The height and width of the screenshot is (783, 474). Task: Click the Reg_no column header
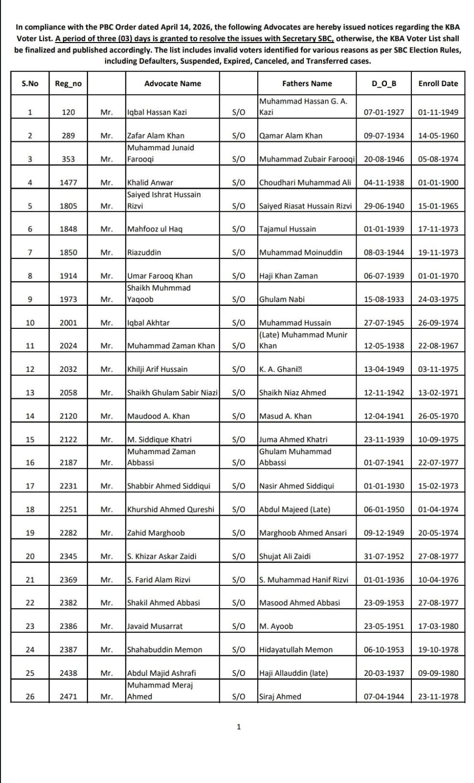coord(68,84)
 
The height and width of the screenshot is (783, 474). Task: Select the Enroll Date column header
coord(438,84)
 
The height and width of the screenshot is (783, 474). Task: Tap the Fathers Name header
coord(307,84)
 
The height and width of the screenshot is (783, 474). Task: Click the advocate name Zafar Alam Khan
coord(156,136)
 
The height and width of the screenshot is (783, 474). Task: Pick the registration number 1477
coord(68,183)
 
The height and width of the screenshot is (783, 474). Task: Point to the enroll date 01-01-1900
coord(438,183)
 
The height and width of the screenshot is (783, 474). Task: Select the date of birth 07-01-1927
coord(384,112)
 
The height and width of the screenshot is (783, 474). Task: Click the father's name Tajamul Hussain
coord(288,229)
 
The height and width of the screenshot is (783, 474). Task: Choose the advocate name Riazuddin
coord(144,253)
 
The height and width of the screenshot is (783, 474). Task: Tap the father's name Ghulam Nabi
coord(282,299)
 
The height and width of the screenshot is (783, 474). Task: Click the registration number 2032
coord(68,369)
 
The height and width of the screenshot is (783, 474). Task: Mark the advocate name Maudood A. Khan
coord(158,416)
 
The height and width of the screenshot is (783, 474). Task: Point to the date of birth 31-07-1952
coord(384,556)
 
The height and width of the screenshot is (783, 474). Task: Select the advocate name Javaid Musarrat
coord(155,626)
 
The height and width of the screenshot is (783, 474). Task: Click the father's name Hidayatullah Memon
coord(295,649)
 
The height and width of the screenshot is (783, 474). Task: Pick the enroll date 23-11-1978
coord(438,696)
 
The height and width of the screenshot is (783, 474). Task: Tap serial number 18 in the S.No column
coord(30,509)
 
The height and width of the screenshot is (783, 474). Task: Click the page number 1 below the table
coord(239,727)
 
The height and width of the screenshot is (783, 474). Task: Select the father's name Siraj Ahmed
coord(280,696)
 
